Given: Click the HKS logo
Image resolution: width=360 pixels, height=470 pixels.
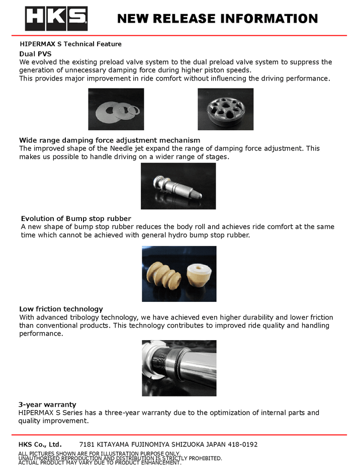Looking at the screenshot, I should coord(56,19).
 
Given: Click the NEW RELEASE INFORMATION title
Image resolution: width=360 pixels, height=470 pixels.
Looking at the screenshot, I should coord(217,19).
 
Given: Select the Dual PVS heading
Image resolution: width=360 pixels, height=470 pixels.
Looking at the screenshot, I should coord(35,53).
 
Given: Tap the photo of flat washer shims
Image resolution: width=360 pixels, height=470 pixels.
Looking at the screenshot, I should coord(116,109).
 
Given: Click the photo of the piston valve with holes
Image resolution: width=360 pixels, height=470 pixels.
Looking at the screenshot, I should coord(225,109).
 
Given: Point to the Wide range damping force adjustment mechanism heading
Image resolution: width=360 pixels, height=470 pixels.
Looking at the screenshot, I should coord(110,140).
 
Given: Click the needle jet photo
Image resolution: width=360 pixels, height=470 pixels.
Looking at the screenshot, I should coord(178,186).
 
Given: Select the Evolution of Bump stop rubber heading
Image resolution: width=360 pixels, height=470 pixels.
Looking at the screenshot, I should coord(76,218).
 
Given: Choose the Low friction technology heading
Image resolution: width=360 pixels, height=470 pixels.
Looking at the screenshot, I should coord(61,308).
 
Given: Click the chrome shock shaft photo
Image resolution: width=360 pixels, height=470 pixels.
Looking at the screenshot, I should coord(179,368).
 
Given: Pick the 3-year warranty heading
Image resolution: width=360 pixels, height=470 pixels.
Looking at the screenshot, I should coord(47,404).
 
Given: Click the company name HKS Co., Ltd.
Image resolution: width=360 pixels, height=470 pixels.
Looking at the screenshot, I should coord(40,444).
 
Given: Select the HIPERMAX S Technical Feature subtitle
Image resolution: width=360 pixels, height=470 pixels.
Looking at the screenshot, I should coord(70,44).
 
